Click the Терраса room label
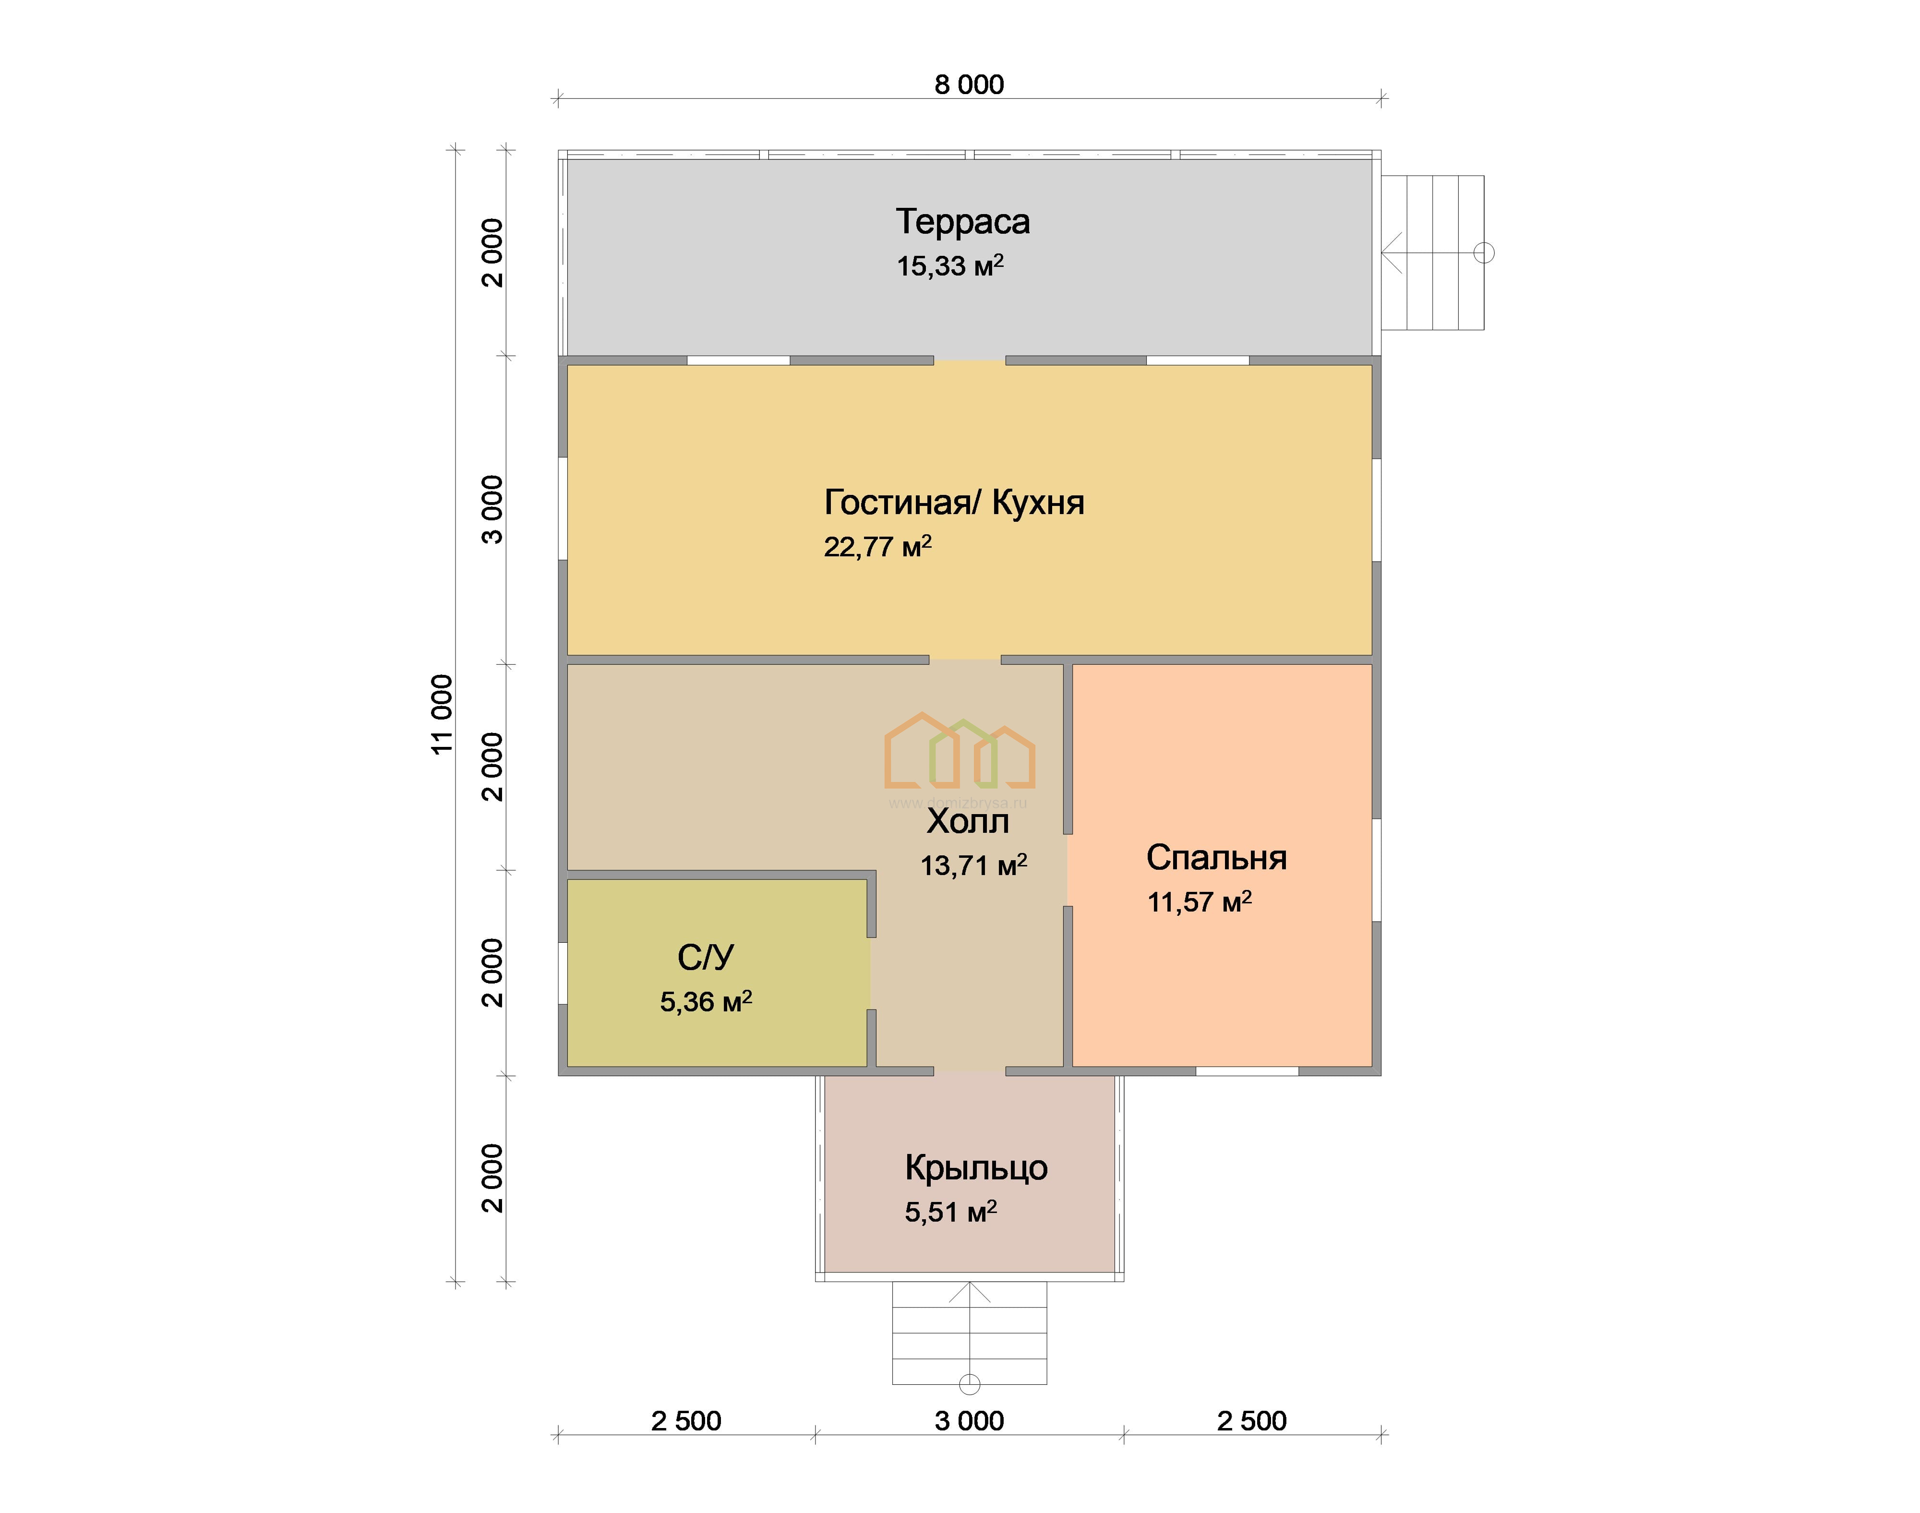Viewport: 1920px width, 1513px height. pos(963,221)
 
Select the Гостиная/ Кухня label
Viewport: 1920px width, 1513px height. pos(954,502)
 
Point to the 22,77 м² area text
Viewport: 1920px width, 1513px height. pos(877,546)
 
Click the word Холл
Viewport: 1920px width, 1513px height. pos(968,821)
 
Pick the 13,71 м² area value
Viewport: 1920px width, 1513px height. pos(973,865)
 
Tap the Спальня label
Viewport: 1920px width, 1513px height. pos(1216,857)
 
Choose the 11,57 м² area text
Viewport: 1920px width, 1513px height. pos(1199,902)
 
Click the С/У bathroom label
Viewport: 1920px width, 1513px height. pos(706,958)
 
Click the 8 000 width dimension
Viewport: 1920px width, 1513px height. pos(969,85)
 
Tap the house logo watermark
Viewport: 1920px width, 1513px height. pos(960,751)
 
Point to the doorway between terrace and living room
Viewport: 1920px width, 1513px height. pos(970,360)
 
